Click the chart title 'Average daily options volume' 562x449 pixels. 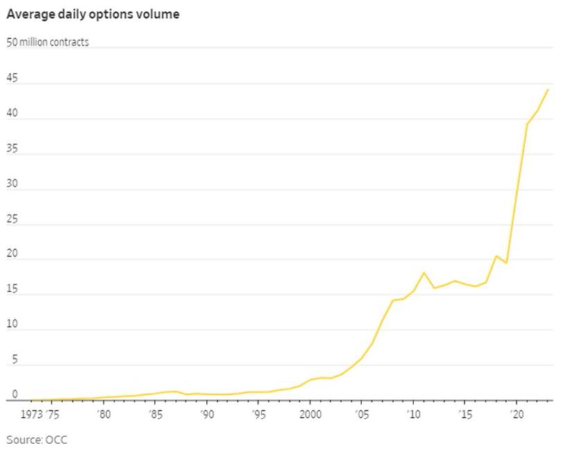pyautogui.click(x=93, y=14)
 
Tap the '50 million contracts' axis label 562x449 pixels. pyautogui.click(x=48, y=42)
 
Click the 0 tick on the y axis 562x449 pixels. pyautogui.click(x=9, y=395)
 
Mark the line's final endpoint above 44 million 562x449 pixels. pyautogui.click(x=548, y=89)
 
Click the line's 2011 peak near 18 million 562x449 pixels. pyautogui.click(x=424, y=273)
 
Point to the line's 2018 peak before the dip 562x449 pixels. pyautogui.click(x=496, y=256)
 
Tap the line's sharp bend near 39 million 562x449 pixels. pyautogui.click(x=527, y=125)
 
